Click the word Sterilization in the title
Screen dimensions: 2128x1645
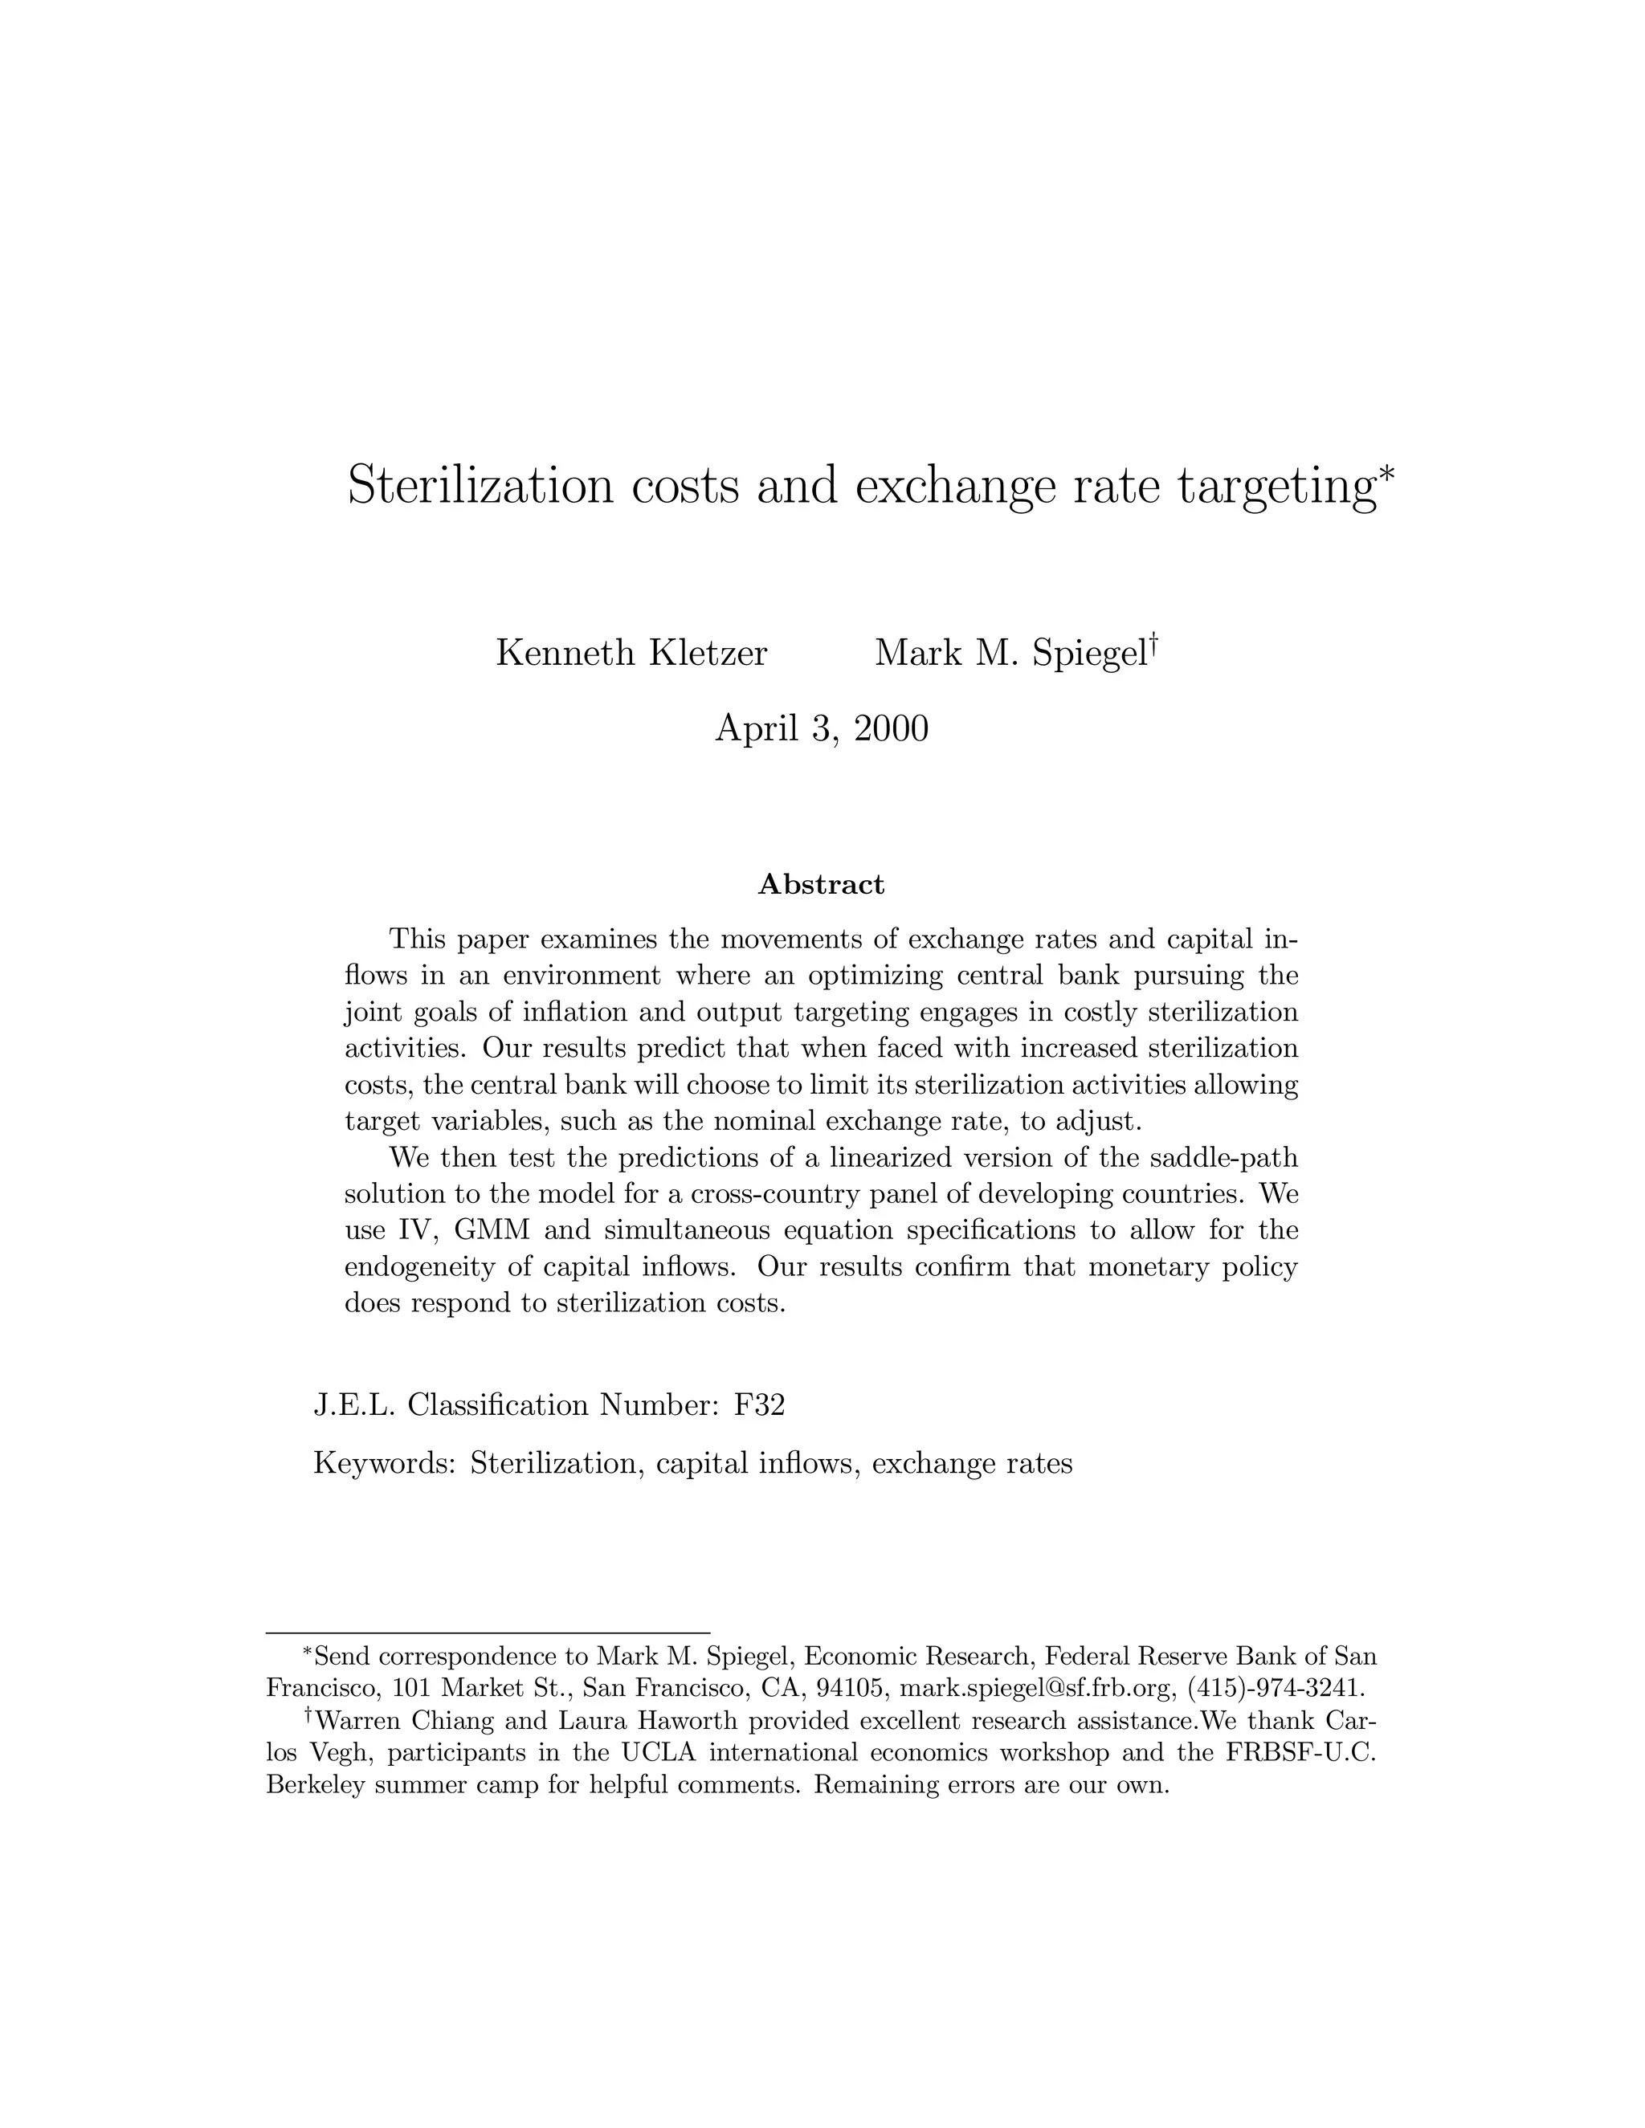(x=480, y=485)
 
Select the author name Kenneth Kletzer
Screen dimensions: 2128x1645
(x=631, y=653)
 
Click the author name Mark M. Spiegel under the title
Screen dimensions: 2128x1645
(x=1010, y=653)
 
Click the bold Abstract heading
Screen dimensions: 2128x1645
(x=822, y=885)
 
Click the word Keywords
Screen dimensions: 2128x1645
(x=384, y=1463)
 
